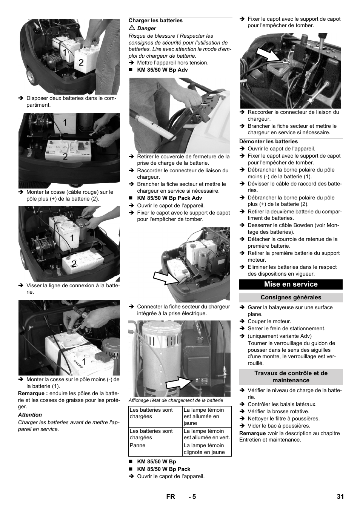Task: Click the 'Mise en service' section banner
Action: pos(291,284)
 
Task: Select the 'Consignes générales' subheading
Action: pos(291,297)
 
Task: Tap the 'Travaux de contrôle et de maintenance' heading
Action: pos(291,377)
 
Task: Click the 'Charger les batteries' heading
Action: pos(155,21)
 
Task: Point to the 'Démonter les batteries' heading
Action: pos(268,142)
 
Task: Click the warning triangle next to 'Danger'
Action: pos(132,28)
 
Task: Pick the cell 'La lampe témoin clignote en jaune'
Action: pos(206,449)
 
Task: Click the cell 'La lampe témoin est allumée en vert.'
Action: pos(206,434)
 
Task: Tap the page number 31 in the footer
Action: pos(340,497)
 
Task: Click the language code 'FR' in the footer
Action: pos(171,497)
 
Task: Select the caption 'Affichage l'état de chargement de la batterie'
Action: pos(176,400)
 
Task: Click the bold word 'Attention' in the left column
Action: pos(30,415)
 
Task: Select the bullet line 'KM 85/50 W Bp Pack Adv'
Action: pos(169,198)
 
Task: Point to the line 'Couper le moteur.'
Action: pos(269,322)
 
